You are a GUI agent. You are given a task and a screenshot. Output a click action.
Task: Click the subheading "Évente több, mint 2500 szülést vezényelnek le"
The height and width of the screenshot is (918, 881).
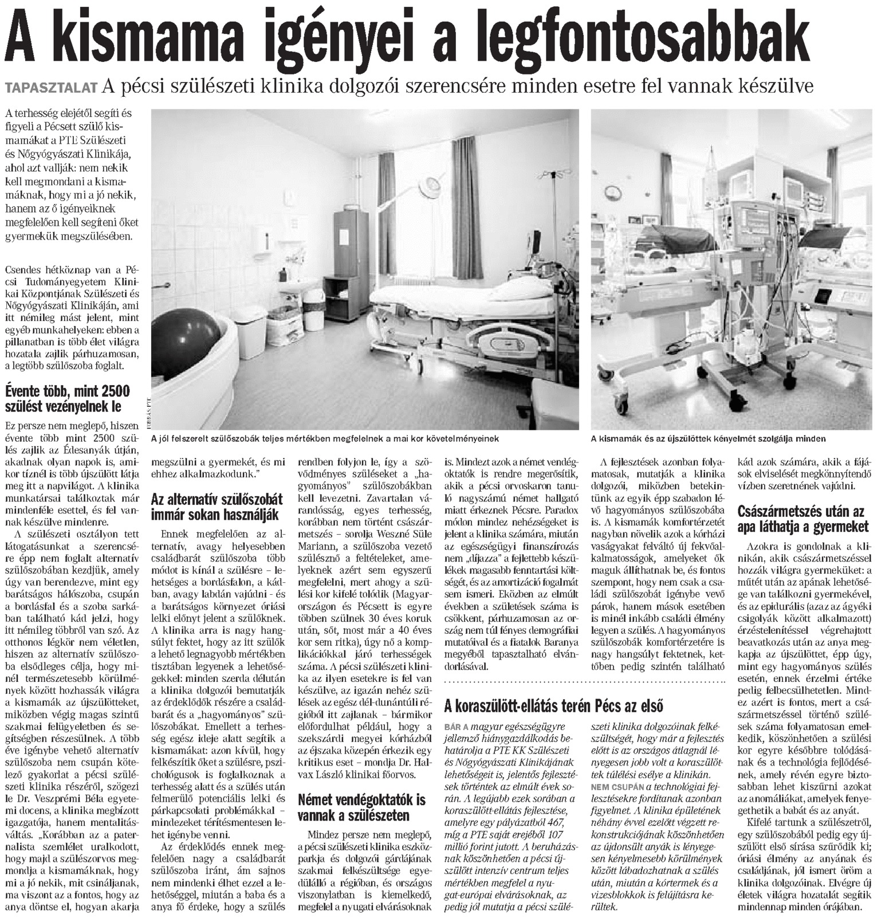(x=68, y=399)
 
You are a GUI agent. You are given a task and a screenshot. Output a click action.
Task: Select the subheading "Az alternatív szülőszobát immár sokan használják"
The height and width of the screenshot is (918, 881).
(x=217, y=507)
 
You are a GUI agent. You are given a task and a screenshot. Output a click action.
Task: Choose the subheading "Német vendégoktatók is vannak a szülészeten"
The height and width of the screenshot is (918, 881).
(x=361, y=807)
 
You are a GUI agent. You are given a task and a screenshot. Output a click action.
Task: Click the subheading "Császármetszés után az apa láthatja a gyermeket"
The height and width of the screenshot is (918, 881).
(x=804, y=518)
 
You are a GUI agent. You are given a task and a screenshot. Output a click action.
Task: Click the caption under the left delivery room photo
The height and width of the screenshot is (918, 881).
(x=325, y=438)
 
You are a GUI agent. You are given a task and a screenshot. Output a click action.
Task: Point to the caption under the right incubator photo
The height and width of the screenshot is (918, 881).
(x=709, y=439)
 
